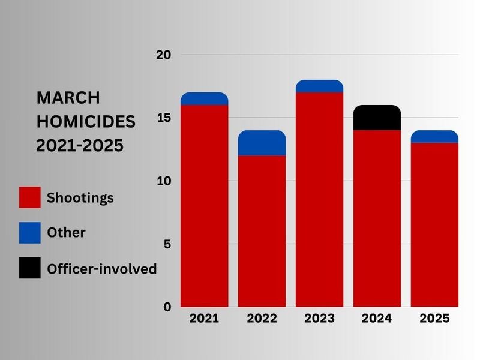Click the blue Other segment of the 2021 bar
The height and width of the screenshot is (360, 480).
[x=204, y=99]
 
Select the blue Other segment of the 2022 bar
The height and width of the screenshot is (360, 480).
[x=262, y=143]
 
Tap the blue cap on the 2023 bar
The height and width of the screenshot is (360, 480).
[x=319, y=86]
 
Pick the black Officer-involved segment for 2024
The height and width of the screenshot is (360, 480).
[x=377, y=118]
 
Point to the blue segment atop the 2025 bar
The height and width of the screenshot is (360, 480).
[x=434, y=137]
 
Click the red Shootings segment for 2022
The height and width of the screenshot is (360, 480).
[x=262, y=231]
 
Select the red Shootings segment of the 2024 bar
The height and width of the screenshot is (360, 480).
[x=377, y=218]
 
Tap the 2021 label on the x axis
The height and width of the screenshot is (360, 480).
[x=204, y=319]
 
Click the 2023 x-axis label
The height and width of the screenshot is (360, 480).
[x=319, y=319]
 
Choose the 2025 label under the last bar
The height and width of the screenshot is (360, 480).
[x=434, y=319]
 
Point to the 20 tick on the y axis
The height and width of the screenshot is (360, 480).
[x=163, y=55]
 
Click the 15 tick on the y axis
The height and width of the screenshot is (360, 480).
[x=163, y=118]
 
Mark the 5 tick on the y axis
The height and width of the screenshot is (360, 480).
[x=167, y=244]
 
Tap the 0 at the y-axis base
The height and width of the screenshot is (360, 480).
[x=167, y=307]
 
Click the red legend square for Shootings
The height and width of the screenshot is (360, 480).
[x=30, y=197]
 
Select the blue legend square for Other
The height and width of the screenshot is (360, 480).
[x=30, y=233]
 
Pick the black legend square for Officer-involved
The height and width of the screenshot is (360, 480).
[x=30, y=268]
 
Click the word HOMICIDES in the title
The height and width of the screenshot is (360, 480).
[x=86, y=122]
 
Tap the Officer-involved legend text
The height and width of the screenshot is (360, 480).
[x=101, y=269]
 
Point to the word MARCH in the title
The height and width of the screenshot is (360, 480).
[x=68, y=98]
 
